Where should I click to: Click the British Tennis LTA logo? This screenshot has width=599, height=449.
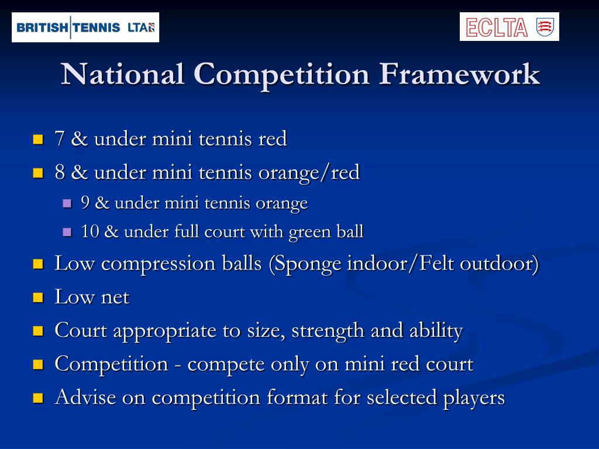point(85,27)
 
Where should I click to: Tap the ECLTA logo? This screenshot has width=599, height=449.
point(509,27)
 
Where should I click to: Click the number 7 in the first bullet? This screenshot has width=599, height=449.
point(59,139)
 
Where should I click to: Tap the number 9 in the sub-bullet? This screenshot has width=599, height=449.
point(85,203)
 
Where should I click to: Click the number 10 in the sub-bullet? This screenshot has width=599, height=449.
point(89,232)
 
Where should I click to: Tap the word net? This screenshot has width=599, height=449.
point(115,297)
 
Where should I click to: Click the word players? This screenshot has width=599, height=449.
point(472,398)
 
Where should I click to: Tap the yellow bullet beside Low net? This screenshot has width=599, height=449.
point(39,297)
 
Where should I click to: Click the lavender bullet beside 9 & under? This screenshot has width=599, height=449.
point(67,203)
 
